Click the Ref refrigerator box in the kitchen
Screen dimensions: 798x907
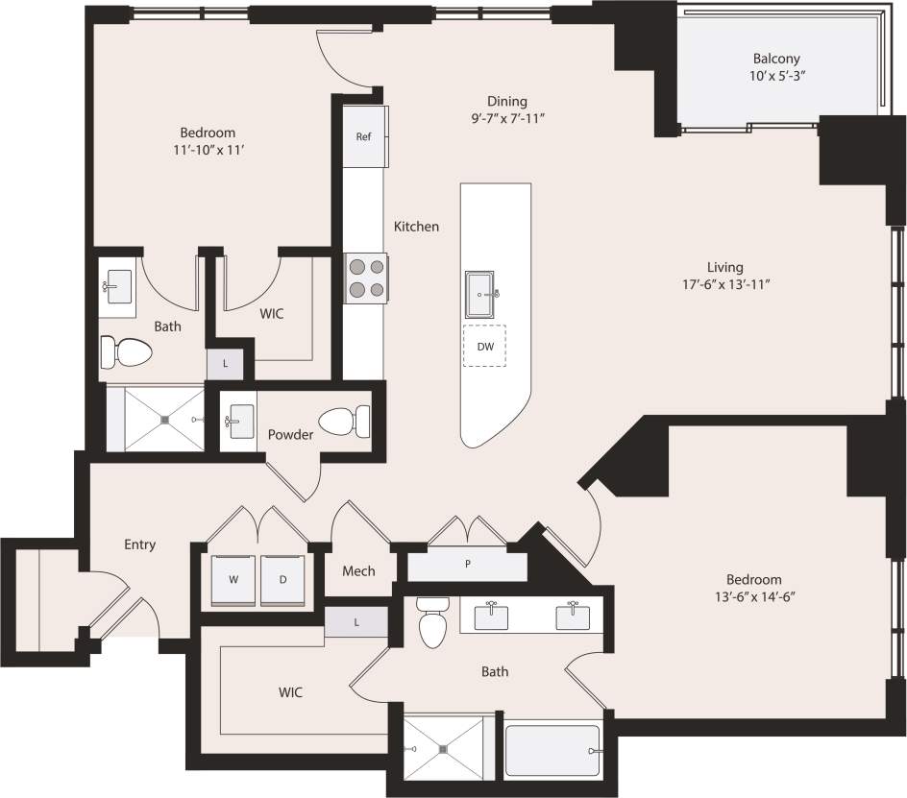click(x=364, y=136)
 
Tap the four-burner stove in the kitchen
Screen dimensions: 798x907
click(x=367, y=278)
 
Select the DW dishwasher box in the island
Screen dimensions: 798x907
click(x=485, y=348)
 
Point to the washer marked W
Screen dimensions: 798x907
click(x=233, y=580)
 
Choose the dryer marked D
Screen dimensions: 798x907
click(x=282, y=580)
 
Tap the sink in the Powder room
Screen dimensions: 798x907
click(x=239, y=420)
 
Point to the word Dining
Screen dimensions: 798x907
click(x=506, y=101)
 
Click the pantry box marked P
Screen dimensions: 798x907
click(x=467, y=565)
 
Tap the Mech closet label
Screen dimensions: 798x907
click(x=358, y=570)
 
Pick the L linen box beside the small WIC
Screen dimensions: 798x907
click(x=225, y=364)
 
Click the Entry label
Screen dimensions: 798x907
click(x=139, y=544)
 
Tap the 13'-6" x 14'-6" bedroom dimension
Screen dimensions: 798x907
click(x=753, y=596)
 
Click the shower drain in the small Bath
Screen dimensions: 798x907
click(x=165, y=420)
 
